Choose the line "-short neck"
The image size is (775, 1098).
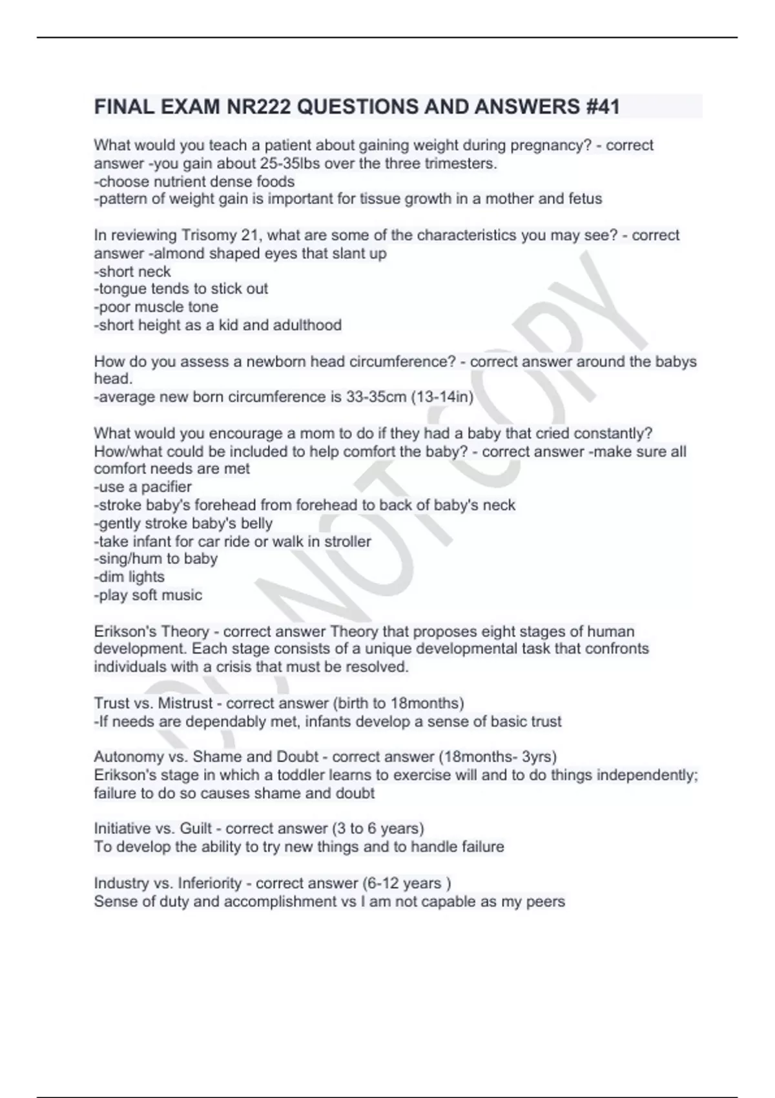pyautogui.click(x=132, y=271)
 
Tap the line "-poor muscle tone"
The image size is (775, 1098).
pyautogui.click(x=156, y=307)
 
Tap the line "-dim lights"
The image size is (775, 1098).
pyautogui.click(x=129, y=577)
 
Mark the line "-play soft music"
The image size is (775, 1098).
pyautogui.click(x=148, y=595)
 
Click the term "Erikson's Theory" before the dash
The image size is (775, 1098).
pyautogui.click(x=152, y=631)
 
